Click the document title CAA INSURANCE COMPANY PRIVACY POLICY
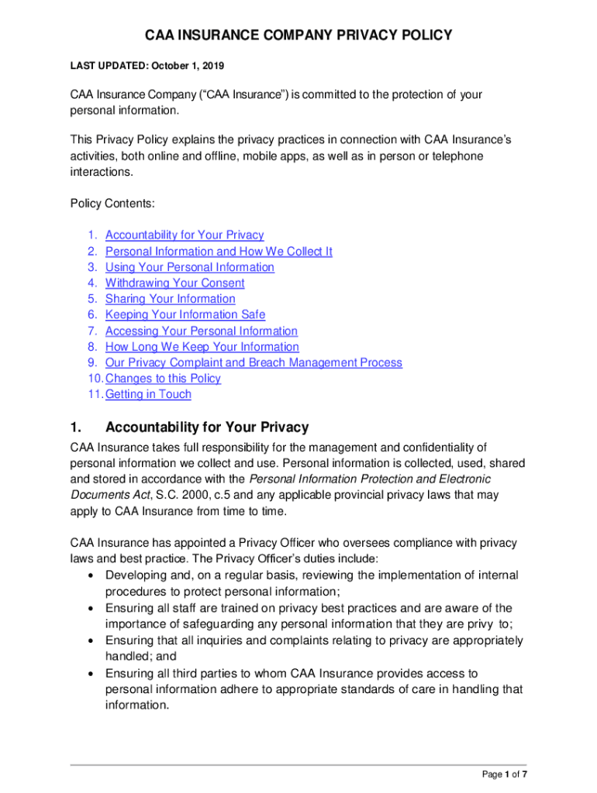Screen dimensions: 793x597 [x=298, y=36]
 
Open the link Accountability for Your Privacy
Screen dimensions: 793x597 [x=185, y=235]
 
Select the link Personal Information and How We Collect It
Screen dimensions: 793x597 [x=219, y=251]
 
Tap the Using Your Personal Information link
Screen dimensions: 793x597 [x=189, y=267]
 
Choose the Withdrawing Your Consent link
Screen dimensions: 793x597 [x=174, y=283]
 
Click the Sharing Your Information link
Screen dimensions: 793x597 [x=170, y=299]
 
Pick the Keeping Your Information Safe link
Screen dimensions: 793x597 [x=185, y=314]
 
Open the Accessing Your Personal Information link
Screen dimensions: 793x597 [x=201, y=331]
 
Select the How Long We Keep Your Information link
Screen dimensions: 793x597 [x=202, y=347]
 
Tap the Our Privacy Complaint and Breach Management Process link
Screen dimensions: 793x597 [x=254, y=362]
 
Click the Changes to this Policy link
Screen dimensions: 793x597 [x=163, y=379]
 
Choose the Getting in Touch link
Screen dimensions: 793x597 [x=148, y=394]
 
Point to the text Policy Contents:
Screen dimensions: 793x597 [x=112, y=203]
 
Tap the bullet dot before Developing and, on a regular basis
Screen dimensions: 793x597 [x=92, y=575]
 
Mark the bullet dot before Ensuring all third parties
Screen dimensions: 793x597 [x=92, y=674]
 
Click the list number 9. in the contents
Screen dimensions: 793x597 [x=91, y=362]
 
